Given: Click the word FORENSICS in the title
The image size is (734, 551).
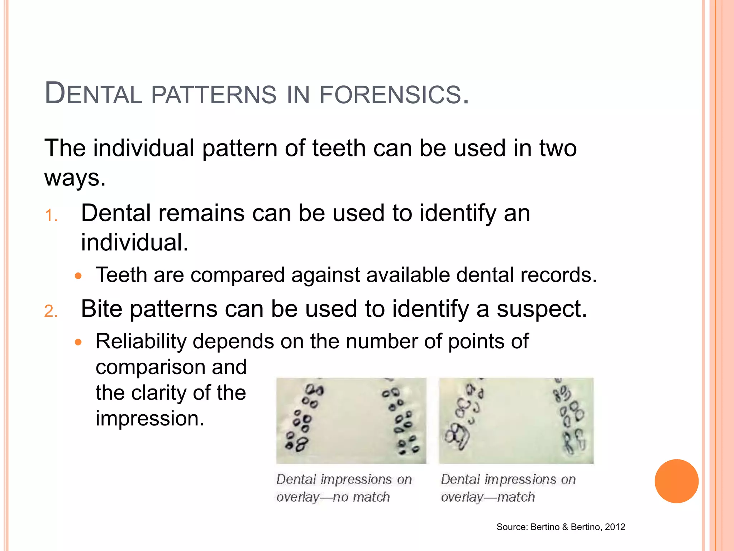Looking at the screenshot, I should pos(393,94).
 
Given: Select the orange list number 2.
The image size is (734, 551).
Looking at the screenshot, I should pos(51,311).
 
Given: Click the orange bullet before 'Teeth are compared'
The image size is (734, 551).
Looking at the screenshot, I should pos(78,276).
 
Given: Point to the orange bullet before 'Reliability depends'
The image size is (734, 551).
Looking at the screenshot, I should pos(78,342).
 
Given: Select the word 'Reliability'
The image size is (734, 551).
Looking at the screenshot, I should pos(141,341).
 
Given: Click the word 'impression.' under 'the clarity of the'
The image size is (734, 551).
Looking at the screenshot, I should pos(150,418).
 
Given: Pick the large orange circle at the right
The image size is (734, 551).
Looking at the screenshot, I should pos(676,481).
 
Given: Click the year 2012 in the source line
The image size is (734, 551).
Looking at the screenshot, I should pos(615,527).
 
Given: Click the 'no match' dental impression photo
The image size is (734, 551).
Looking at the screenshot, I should pos(351,420).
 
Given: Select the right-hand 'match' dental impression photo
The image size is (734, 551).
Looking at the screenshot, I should pos(516,420).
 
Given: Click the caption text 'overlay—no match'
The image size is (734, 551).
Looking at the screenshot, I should pos(333,497).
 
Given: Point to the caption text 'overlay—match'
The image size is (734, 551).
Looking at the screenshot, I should pos(488,497).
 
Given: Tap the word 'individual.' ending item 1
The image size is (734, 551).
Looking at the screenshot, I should pos(135,242).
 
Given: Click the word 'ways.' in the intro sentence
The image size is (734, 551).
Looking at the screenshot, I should pos(75,178).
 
